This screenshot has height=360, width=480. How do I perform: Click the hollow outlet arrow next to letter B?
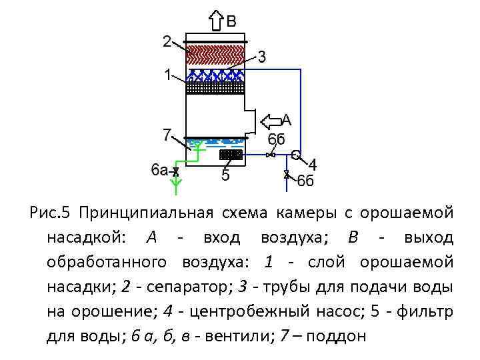pos(217,20)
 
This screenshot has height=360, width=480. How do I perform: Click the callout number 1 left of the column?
pos(169,75)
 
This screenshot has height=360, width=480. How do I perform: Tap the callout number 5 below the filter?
pos(225,176)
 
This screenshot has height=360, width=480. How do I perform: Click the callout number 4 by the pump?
pos(312,165)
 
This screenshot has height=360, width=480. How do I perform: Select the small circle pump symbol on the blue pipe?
pos(296,155)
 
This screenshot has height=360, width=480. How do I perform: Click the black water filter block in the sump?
pos(231,155)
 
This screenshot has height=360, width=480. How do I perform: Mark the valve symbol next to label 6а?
pos(175,172)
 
